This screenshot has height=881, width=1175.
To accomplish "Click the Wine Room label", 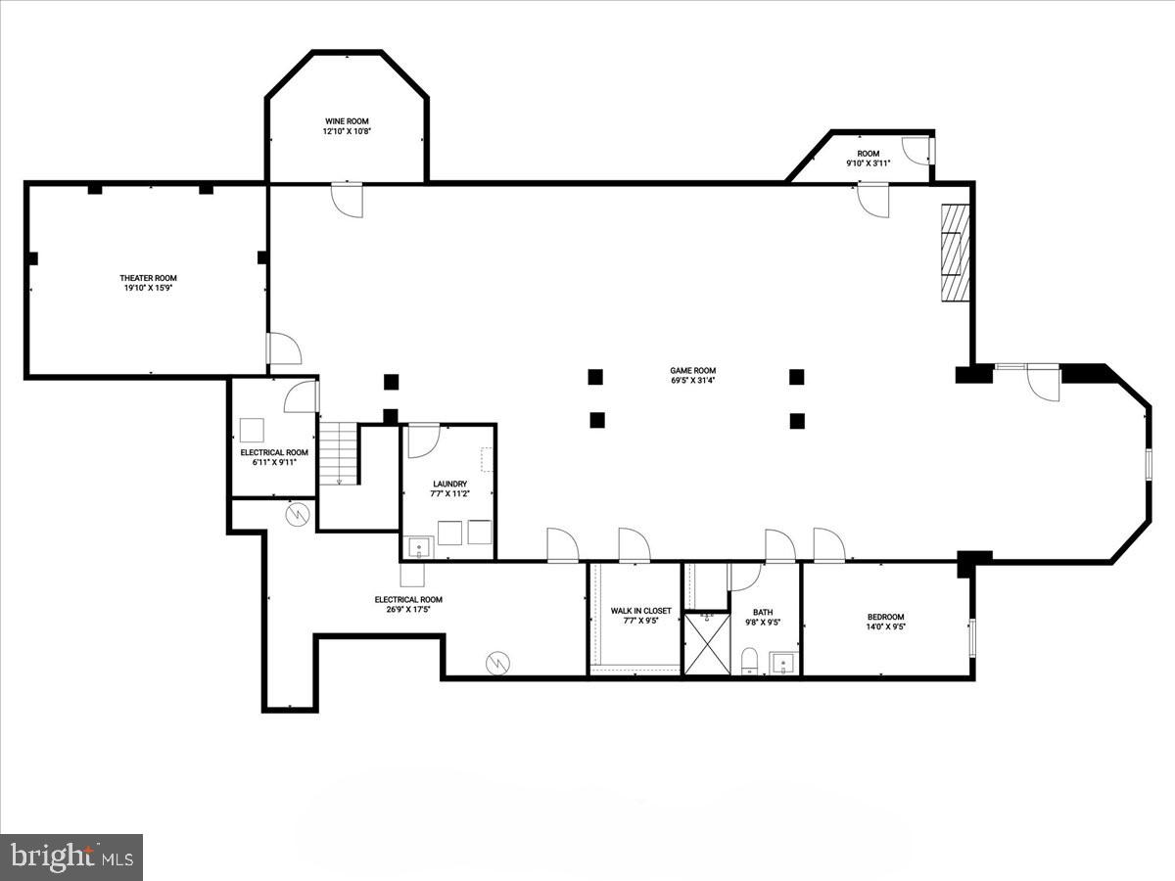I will (x=347, y=121).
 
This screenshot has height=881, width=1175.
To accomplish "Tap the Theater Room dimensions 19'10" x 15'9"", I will (x=148, y=289).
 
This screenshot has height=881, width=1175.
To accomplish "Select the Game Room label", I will (x=692, y=371).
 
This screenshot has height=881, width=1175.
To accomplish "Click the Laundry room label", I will (x=449, y=484).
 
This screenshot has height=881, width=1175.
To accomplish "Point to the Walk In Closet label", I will (x=640, y=611).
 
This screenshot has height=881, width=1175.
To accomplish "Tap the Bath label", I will (x=763, y=612).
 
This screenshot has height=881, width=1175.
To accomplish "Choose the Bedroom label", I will (x=885, y=617).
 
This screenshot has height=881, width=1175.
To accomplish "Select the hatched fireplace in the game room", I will (x=955, y=254).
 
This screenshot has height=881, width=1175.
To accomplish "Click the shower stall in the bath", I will (x=707, y=643).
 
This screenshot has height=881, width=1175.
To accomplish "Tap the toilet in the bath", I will (x=749, y=660).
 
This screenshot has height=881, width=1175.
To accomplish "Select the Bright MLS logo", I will (x=71, y=857).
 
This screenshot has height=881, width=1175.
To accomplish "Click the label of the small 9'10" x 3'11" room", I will (x=869, y=154).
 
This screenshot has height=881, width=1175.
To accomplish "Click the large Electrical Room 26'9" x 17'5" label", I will (x=408, y=599).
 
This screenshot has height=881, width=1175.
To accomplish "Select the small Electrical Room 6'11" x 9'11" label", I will (x=274, y=452).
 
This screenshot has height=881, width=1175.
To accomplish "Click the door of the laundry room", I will (x=423, y=440).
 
